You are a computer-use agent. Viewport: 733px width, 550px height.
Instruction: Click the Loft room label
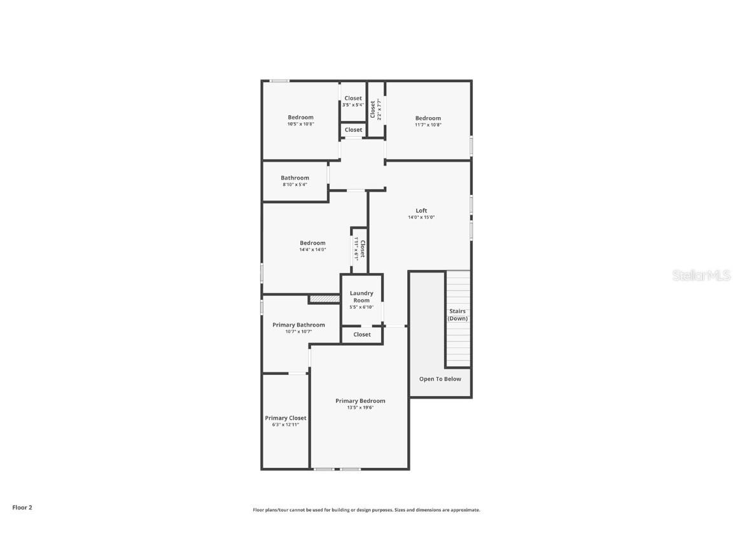[x=421, y=211]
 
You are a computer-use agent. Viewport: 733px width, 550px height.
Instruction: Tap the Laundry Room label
[x=361, y=297]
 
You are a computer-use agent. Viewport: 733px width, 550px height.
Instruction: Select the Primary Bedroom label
[x=360, y=401]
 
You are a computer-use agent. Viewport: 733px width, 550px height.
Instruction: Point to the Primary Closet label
[x=286, y=418]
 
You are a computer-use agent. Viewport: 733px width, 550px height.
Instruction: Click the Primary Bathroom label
[x=298, y=325]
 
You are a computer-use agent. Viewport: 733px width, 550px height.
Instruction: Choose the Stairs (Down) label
[x=457, y=315]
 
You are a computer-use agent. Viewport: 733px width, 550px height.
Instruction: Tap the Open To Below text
[x=440, y=379]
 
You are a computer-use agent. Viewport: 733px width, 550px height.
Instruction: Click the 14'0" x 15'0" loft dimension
[x=421, y=218]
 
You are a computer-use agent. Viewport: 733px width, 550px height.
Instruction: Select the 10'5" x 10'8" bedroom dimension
[x=300, y=124]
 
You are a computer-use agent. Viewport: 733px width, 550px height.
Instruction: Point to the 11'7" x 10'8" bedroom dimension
[x=428, y=125]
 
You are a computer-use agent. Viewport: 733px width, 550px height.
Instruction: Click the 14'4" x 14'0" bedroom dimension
[x=312, y=250]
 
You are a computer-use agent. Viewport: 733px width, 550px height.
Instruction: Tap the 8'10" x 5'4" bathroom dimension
[x=295, y=185]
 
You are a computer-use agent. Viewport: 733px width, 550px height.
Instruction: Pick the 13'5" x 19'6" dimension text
[x=360, y=407]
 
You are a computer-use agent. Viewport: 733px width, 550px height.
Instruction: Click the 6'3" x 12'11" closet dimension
[x=286, y=425]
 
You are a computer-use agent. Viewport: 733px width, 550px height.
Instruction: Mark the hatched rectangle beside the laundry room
[x=325, y=299]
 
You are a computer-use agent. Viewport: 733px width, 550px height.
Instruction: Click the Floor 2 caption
[x=22, y=507]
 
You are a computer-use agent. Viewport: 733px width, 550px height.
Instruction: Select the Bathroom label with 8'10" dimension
[x=295, y=178]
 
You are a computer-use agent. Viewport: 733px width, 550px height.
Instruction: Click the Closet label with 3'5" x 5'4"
[x=353, y=98]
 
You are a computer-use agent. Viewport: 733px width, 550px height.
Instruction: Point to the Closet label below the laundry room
[x=362, y=334]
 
